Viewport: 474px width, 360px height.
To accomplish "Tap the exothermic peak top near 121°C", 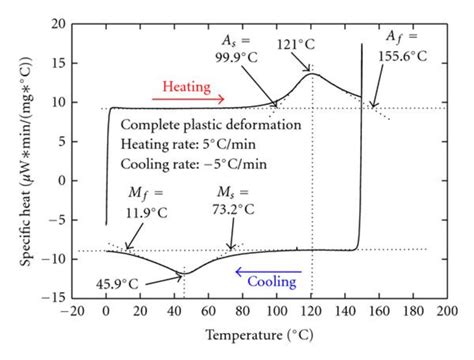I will (313, 74).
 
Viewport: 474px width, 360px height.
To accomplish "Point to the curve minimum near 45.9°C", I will (183, 272).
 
